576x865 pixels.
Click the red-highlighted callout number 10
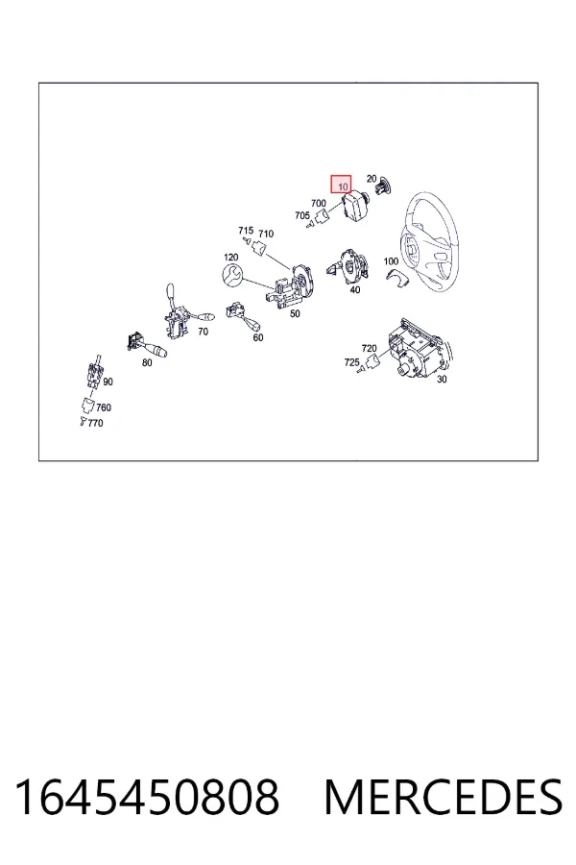click(x=343, y=185)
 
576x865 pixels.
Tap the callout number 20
click(x=372, y=179)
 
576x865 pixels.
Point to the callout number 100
click(x=391, y=260)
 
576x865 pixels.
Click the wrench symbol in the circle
click(x=231, y=275)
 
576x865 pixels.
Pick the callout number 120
click(x=231, y=257)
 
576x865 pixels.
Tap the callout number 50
click(x=295, y=314)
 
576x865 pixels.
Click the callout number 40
click(x=355, y=289)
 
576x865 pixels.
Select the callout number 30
click(x=442, y=379)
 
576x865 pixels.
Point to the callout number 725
click(x=351, y=362)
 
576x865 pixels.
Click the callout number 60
click(x=258, y=337)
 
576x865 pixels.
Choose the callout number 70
click(x=203, y=332)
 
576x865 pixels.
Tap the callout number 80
click(x=147, y=362)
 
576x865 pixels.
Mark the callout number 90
click(x=108, y=382)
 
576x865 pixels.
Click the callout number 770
click(x=95, y=423)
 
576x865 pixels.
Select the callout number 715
click(x=246, y=230)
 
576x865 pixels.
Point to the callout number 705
click(x=302, y=215)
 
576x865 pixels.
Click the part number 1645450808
click(x=147, y=797)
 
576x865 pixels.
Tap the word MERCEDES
click(x=444, y=797)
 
